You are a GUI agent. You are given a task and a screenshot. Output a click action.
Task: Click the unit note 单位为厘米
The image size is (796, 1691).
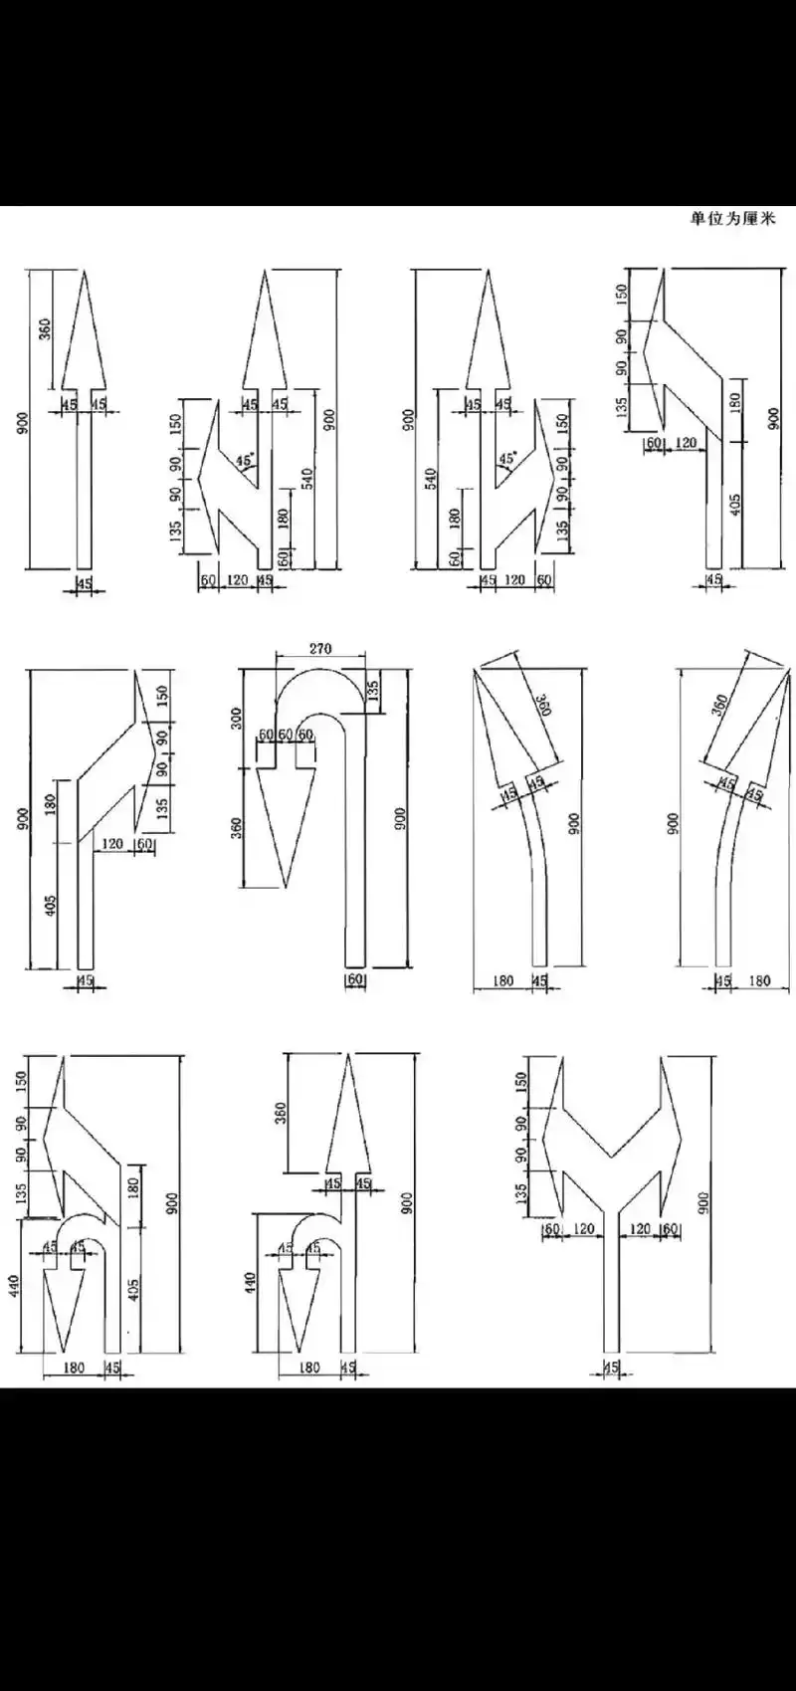[732, 218]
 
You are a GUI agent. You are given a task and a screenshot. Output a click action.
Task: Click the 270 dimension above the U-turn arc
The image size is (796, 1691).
[319, 649]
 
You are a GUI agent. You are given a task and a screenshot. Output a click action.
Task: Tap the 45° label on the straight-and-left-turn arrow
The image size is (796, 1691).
[244, 460]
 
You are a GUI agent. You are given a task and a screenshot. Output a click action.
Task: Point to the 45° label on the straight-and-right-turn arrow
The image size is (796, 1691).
[507, 459]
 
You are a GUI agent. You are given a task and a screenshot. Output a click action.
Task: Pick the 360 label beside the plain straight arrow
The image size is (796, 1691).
[45, 328]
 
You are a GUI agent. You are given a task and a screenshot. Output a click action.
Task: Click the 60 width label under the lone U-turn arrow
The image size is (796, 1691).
[355, 980]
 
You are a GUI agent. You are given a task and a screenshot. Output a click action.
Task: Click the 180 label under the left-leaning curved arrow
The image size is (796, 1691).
[503, 980]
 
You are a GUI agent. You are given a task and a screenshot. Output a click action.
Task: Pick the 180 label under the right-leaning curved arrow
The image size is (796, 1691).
[759, 980]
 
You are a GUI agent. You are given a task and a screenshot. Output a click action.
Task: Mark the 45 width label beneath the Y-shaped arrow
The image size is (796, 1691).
[611, 1369]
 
